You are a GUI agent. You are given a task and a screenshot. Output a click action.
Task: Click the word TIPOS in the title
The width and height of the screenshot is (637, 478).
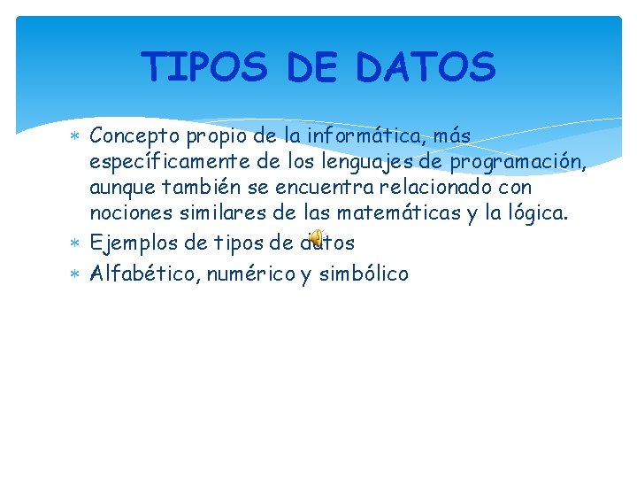pyautogui.click(x=204, y=66)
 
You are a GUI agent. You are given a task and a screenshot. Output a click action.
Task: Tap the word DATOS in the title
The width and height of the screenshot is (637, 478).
pyautogui.click(x=426, y=66)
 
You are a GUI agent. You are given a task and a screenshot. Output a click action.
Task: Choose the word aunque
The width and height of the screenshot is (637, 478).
pyautogui.click(x=122, y=189)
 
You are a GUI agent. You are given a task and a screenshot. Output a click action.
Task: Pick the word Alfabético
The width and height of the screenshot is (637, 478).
pyautogui.click(x=144, y=274)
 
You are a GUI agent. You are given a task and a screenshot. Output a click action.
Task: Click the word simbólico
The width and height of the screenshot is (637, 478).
pyautogui.click(x=363, y=274)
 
